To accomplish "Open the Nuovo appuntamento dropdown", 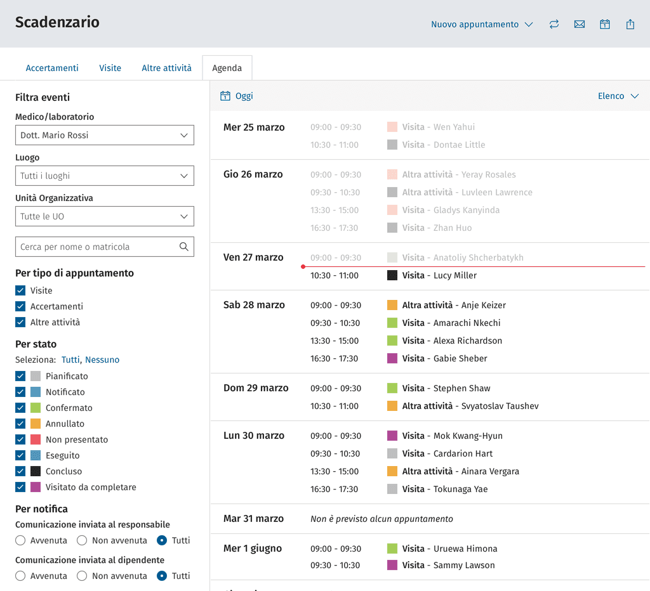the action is tap(482, 25).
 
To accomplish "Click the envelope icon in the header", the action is tap(580, 25).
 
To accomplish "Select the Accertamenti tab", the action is tap(52, 68).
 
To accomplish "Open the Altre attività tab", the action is tap(167, 68).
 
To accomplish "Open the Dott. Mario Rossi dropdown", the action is tap(105, 135).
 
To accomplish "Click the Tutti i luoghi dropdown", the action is tap(105, 176).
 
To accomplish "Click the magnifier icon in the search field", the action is tap(184, 247).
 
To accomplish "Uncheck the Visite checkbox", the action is tap(20, 290).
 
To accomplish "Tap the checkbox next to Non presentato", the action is tap(20, 439).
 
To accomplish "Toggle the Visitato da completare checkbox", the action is tap(20, 487).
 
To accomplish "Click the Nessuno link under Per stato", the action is tap(102, 360).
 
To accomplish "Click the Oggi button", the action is tap(236, 96).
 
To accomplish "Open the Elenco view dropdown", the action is tap(618, 96).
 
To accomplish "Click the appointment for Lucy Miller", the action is tap(439, 275).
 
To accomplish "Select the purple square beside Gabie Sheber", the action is tap(392, 358).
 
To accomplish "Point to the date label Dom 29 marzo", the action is tap(256, 388).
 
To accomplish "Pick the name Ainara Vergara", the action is tap(490, 471).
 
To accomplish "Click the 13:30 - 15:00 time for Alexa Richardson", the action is tap(335, 341).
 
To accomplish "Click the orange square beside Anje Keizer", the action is tap(392, 305).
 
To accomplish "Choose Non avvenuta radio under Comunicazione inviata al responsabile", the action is tap(82, 540).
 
